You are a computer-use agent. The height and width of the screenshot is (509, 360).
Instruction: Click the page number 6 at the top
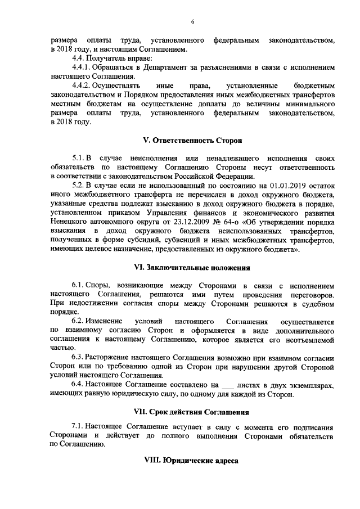(x=192, y=21)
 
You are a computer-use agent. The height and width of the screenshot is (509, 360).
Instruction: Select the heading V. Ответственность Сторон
(x=192, y=138)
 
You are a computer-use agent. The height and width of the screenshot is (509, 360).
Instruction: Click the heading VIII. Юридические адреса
(x=192, y=461)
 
